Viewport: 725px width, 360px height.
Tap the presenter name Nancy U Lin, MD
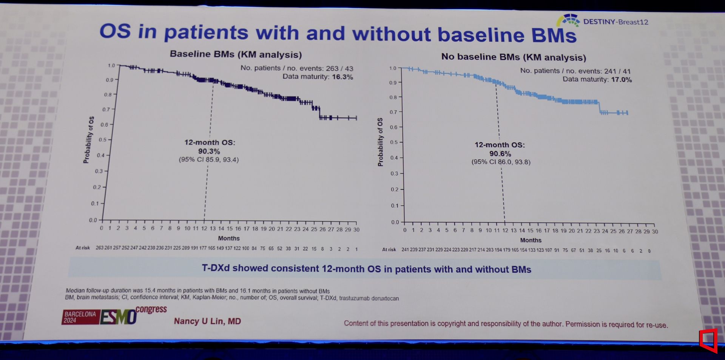(x=207, y=321)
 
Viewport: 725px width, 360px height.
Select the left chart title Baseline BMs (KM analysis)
(x=236, y=54)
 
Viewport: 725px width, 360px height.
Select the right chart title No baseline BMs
(x=514, y=57)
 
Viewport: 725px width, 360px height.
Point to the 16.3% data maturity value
(x=342, y=77)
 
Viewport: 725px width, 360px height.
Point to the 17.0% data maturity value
(x=621, y=80)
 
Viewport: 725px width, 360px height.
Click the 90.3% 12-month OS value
(x=209, y=151)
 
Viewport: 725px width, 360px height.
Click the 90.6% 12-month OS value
(x=500, y=154)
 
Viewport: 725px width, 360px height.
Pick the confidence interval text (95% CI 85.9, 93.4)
(x=209, y=160)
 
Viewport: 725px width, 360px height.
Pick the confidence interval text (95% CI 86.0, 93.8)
(x=501, y=162)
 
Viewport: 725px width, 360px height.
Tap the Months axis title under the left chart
(x=228, y=238)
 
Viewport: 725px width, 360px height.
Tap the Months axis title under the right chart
(x=531, y=240)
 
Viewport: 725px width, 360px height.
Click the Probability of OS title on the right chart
(x=380, y=142)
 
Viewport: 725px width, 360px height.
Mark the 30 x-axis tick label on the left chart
(x=356, y=229)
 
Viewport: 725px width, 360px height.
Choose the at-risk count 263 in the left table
(x=99, y=248)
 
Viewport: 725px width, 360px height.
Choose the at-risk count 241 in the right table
(x=405, y=250)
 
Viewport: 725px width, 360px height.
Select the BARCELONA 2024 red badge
(x=80, y=317)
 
